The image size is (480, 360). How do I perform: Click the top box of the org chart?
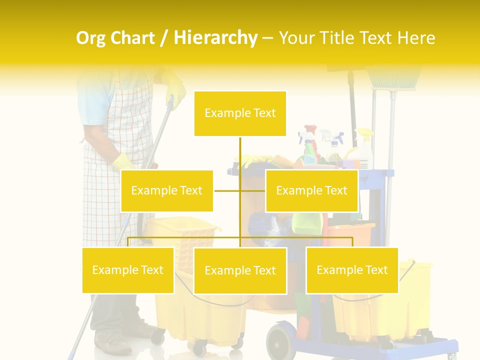240,113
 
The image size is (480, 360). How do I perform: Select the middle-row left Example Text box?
166,190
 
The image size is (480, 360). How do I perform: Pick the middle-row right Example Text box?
311,190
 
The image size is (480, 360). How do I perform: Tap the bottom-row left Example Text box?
128,270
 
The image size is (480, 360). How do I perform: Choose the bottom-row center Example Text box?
240,270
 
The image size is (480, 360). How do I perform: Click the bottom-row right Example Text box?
352,270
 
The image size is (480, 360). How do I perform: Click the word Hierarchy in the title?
215,38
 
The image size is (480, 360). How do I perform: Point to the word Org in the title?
91,38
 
